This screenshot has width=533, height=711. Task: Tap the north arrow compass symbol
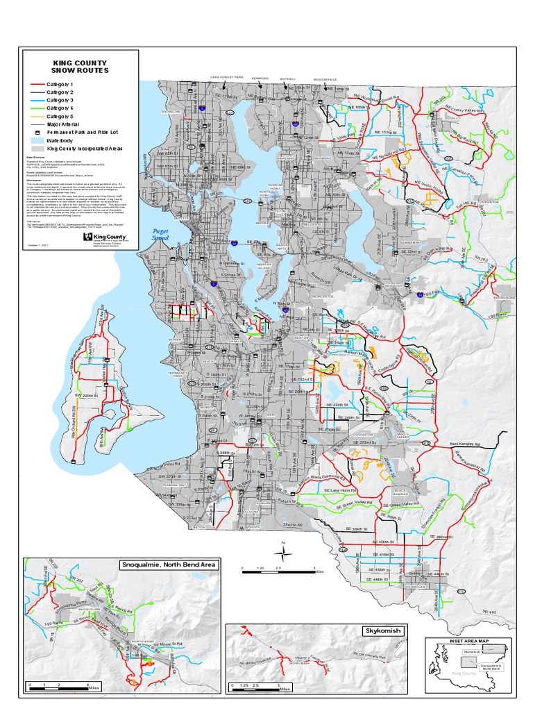pos(283,553)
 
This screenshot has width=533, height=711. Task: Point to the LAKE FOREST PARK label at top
pos(228,78)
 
